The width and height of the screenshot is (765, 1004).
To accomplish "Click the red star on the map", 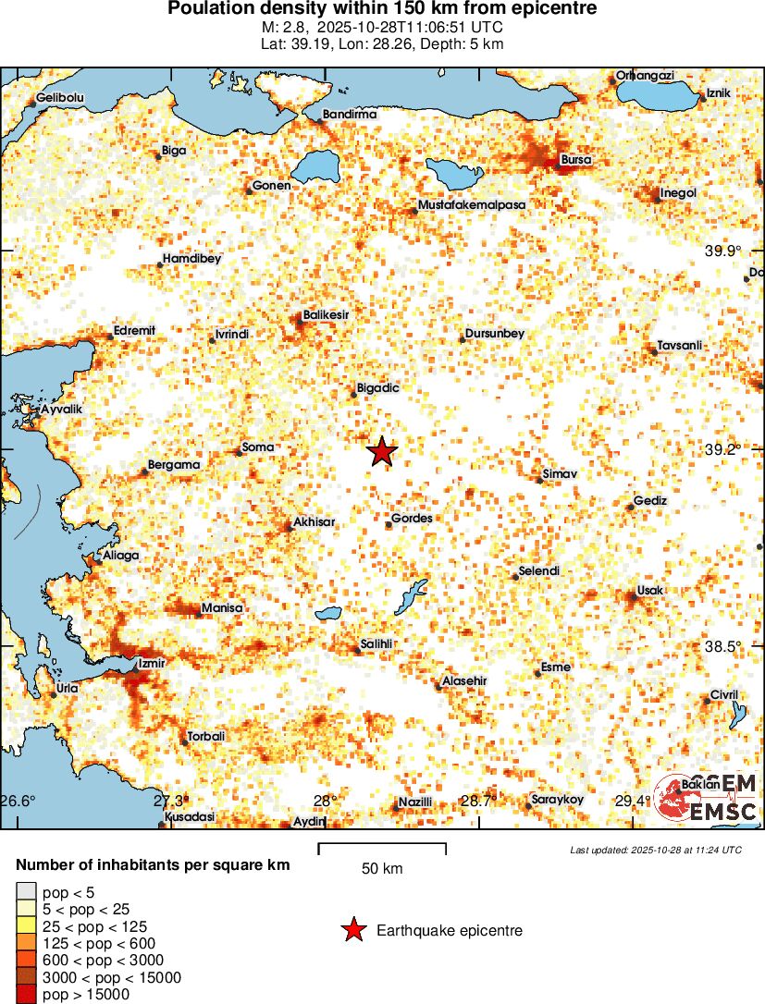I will [382, 452].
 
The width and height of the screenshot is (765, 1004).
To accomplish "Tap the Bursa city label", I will [575, 160].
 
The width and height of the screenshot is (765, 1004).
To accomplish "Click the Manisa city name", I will [222, 608].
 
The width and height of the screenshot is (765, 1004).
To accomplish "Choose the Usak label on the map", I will [651, 591].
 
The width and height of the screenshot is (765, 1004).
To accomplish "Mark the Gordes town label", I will [412, 519].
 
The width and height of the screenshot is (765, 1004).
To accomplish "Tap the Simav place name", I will [560, 474].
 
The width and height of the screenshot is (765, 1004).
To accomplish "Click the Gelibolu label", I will [60, 98].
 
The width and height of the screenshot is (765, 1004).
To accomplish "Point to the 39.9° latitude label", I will [723, 251].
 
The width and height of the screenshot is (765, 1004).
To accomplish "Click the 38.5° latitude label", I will [723, 646].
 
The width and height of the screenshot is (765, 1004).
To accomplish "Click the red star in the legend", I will [352, 931].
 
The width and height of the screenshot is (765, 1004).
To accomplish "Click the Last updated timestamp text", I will [656, 850].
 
